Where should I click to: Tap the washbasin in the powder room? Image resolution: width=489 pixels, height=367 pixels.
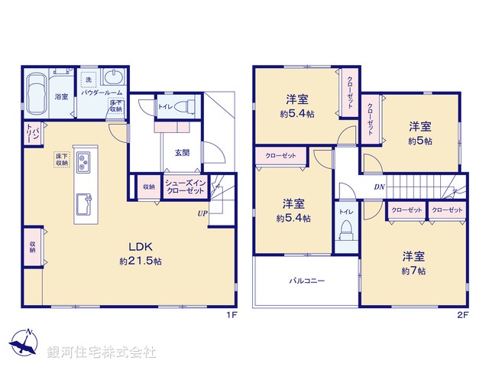(112, 79)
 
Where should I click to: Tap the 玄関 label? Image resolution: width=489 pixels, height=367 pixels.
(181, 152)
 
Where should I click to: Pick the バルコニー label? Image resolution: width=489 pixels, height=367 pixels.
(306, 281)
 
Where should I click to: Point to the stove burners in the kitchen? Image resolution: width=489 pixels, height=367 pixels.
(84, 162)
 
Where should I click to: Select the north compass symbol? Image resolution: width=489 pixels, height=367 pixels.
(27, 342)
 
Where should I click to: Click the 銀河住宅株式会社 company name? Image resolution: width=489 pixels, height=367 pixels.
(101, 352)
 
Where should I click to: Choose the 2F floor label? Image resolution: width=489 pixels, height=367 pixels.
(461, 314)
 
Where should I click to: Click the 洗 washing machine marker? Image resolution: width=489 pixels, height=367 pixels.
(89, 80)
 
